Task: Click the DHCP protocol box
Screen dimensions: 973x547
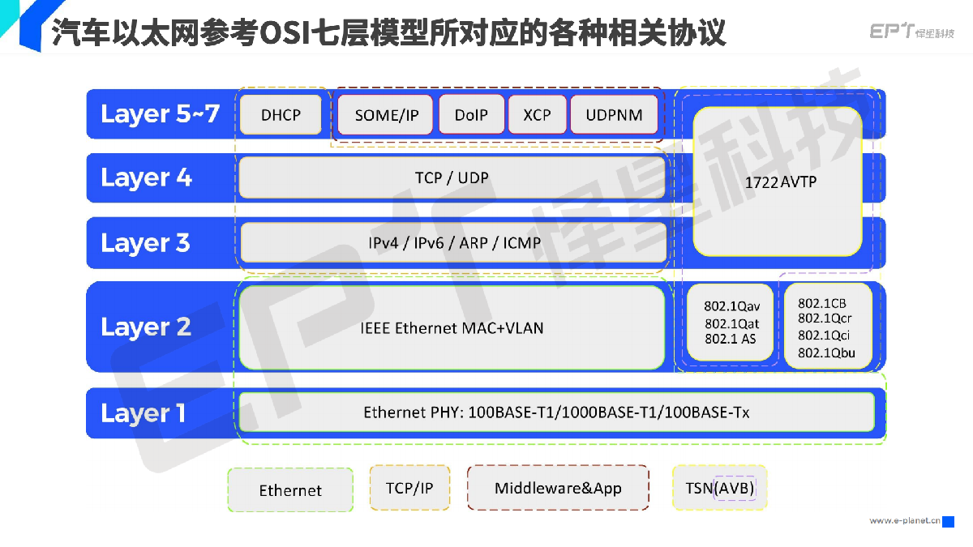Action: [281, 114]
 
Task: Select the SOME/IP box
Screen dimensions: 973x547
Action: [385, 114]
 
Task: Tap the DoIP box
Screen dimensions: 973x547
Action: [472, 114]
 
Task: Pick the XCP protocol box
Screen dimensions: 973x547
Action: [538, 114]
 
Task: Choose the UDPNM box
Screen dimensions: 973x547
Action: [615, 114]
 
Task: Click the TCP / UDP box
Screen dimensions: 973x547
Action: [452, 177]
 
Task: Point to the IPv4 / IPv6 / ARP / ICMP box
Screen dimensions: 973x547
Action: [453, 242]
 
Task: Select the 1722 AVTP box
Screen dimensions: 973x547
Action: [778, 182]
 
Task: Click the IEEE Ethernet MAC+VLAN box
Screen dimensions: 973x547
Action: [452, 327]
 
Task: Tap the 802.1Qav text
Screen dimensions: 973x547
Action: [732, 306]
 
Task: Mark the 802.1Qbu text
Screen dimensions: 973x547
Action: [826, 353]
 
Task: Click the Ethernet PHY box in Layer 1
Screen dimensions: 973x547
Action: [556, 412]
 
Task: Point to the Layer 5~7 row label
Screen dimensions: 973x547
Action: [160, 114]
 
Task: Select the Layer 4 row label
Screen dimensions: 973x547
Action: [146, 178]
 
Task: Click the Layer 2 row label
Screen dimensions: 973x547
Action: [146, 327]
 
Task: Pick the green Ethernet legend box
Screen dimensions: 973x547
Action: [290, 489]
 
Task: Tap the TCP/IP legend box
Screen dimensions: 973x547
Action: [409, 488]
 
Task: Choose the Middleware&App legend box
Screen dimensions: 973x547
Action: [558, 488]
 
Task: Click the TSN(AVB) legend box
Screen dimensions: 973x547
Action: [719, 488]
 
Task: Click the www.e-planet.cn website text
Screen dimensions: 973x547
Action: [905, 520]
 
